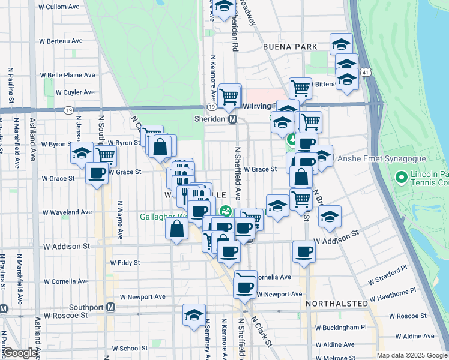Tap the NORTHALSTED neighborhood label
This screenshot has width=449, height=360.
coord(336,304)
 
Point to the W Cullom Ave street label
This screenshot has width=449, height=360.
coord(59,7)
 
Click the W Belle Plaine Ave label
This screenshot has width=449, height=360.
coord(68,76)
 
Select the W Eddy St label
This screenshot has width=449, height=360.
coord(125,263)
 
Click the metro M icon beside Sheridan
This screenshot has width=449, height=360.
coord(232,119)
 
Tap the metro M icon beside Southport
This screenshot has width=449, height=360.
coord(110,307)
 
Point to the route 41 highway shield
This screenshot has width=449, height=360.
coord(366,72)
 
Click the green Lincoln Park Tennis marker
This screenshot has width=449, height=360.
coord(401,178)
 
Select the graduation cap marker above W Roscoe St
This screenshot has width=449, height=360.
coord(194,314)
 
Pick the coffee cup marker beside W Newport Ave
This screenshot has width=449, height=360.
coord(244,287)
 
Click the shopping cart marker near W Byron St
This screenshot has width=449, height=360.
coord(105,155)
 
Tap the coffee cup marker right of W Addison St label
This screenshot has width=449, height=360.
coord(304,251)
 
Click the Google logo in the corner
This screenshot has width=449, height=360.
coord(20,353)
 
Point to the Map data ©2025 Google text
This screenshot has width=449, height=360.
coord(412,355)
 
